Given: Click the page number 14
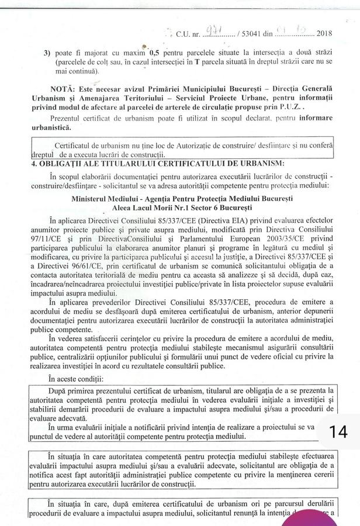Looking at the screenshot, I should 338,432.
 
